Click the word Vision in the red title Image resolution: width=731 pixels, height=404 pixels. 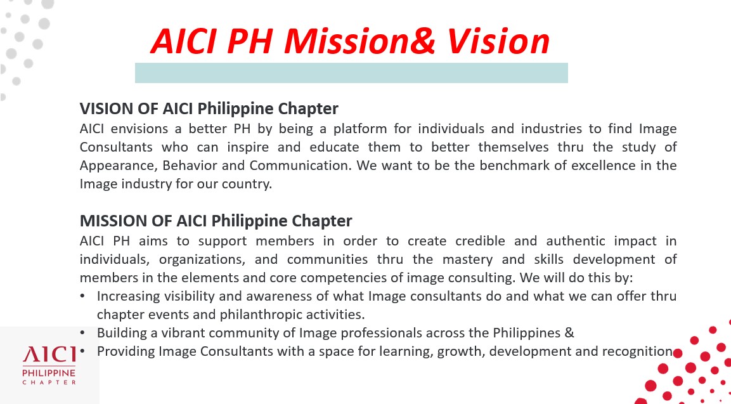498,41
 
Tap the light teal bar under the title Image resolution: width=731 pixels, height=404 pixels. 351,73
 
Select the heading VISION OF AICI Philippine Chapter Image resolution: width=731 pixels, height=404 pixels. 209,108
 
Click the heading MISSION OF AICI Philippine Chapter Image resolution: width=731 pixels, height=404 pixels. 216,221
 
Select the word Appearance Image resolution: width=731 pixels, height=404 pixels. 119,166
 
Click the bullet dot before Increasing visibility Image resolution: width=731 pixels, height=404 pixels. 82,296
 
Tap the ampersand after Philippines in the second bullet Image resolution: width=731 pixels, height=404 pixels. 569,333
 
